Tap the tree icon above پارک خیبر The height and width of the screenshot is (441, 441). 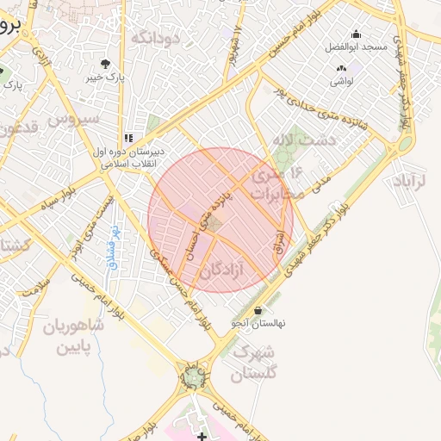(x=105, y=64)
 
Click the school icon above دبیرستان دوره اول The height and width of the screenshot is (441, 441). (x=128, y=138)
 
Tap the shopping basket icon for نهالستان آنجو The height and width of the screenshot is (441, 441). (x=258, y=311)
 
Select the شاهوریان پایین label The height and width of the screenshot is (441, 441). (x=80, y=338)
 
